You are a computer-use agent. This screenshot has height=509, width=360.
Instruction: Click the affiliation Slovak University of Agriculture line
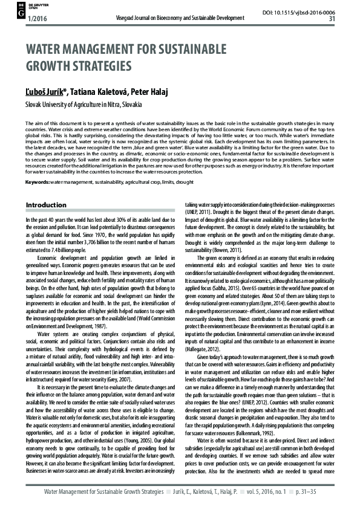(x=84, y=105)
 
